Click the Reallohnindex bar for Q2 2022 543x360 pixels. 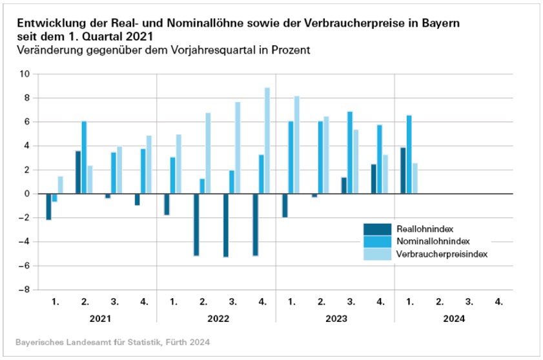[196, 225]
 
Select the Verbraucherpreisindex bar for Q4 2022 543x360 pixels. [267, 141]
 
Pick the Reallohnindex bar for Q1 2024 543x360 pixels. [403, 170]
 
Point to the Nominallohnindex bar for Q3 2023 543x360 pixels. [350, 153]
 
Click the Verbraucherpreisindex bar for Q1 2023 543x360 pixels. [297, 145]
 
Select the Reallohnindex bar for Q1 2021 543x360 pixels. [48, 206]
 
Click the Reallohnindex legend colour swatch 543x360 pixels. [377, 228]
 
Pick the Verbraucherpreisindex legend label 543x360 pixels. [436, 254]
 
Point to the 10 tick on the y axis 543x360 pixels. [25, 74]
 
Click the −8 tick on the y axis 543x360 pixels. [23, 290]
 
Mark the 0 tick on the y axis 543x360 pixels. [26, 194]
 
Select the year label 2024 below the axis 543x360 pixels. [454, 319]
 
